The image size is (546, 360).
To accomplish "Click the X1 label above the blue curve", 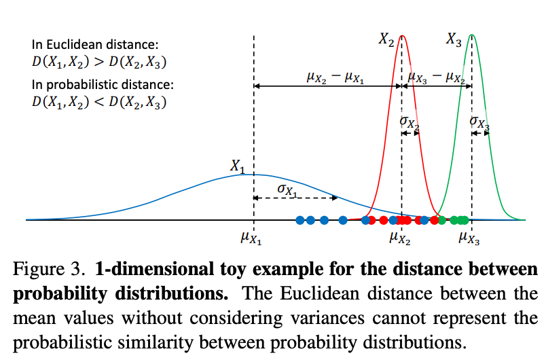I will point(237,166).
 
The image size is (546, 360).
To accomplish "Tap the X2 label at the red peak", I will point(386,40).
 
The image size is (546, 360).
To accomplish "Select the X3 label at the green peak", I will point(454,40).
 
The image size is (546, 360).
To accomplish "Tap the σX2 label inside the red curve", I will point(409,122).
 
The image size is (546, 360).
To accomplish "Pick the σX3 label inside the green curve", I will point(479,122).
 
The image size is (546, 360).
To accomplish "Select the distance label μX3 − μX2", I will point(435,77).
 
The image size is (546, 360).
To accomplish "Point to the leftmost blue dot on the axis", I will point(299,219).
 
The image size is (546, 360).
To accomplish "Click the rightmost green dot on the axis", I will point(465,219).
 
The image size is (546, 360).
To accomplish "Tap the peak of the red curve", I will point(403,35).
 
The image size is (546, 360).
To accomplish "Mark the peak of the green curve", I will point(471,35).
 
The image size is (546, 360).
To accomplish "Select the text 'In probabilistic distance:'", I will point(94,86).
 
